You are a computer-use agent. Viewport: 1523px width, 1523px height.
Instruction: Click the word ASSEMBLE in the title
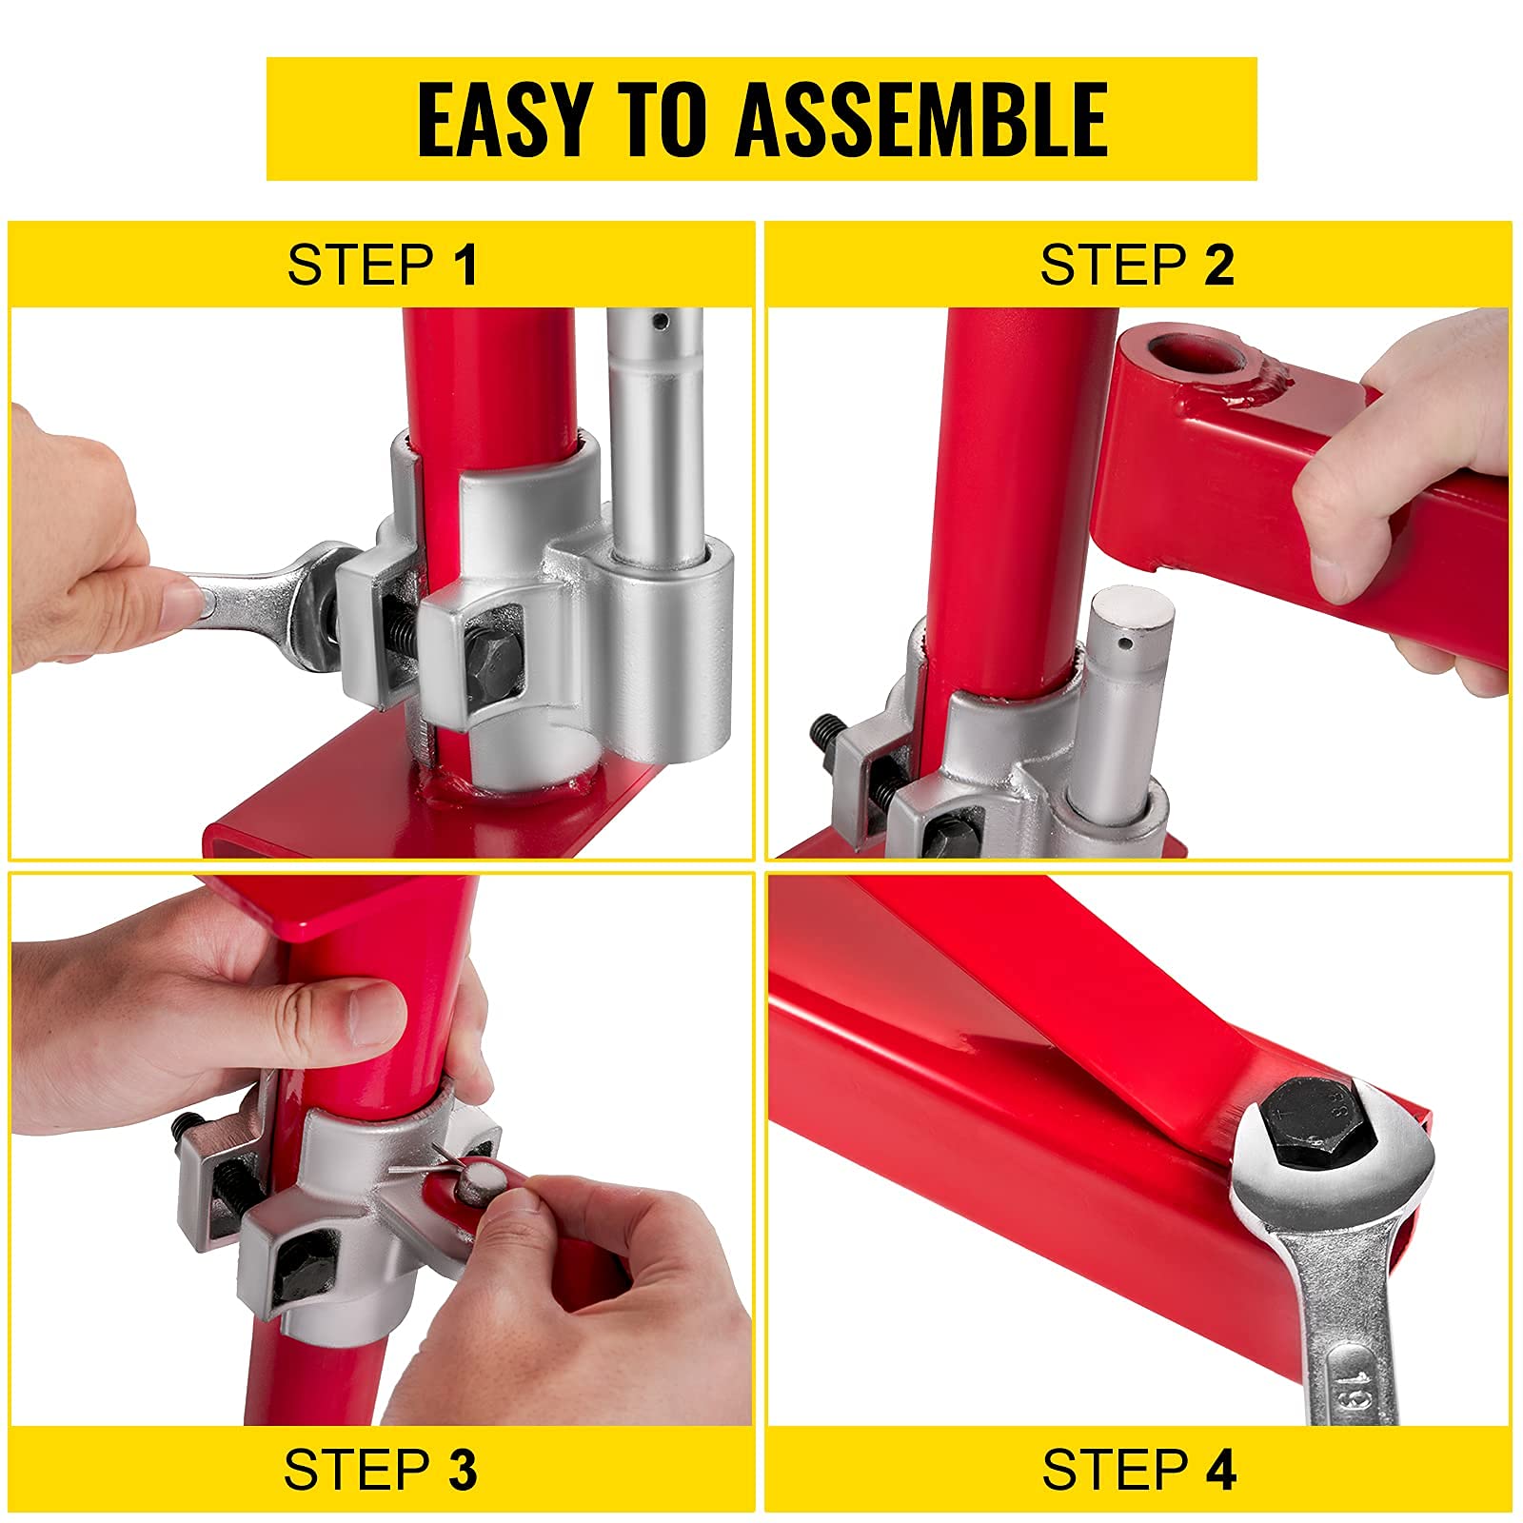(921, 119)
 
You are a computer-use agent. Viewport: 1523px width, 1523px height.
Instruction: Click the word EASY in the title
(504, 119)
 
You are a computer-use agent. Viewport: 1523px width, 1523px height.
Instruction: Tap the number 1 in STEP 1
(465, 265)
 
